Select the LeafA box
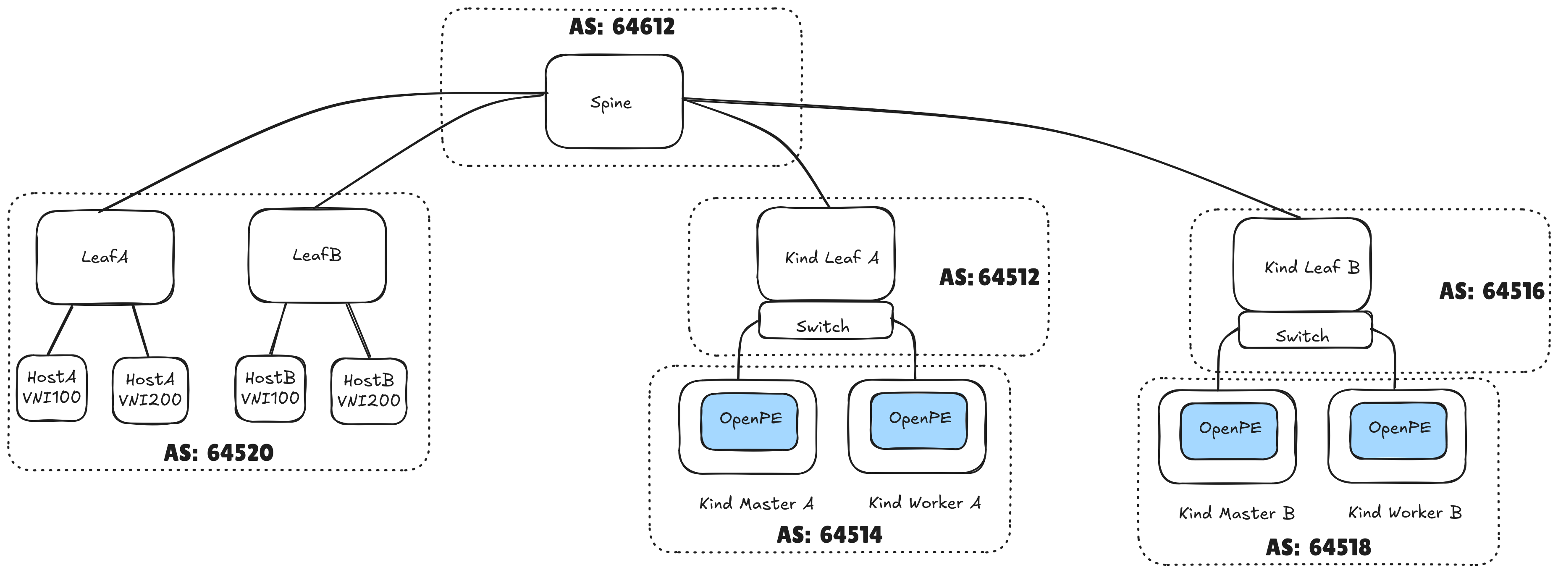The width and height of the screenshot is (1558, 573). pyautogui.click(x=105, y=257)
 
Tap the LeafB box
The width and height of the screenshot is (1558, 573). pyautogui.click(x=317, y=255)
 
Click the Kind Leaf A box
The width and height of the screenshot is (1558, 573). pyautogui.click(x=826, y=254)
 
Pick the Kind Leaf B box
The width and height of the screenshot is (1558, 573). pyautogui.click(x=1301, y=265)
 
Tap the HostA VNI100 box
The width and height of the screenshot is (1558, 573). pyautogui.click(x=51, y=388)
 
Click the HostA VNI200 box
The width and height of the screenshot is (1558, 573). pyautogui.click(x=150, y=390)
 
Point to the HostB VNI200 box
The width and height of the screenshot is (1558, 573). pyautogui.click(x=368, y=391)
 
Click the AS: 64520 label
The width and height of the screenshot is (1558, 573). pyautogui.click(x=218, y=452)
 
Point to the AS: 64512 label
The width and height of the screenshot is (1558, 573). pyautogui.click(x=989, y=277)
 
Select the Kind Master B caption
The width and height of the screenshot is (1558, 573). pyautogui.click(x=1236, y=513)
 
